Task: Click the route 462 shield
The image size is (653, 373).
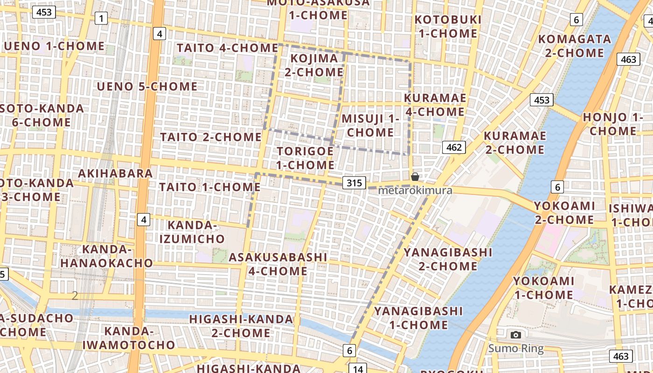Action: (453, 148)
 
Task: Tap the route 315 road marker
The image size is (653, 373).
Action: (354, 183)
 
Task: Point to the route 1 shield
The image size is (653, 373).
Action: (101, 19)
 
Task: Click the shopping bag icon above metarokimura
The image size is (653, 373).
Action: (415, 177)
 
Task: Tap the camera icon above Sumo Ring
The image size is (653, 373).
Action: (515, 335)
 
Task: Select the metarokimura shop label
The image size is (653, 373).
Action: (415, 191)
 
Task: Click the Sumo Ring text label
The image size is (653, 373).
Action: (516, 348)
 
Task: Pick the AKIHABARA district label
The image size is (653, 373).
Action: (115, 173)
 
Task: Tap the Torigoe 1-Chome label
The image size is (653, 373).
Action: (306, 158)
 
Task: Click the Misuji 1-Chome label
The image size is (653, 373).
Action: (370, 125)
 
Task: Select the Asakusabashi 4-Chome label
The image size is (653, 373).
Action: (278, 264)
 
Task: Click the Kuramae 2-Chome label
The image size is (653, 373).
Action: (514, 143)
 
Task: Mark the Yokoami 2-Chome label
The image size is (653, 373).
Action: (564, 212)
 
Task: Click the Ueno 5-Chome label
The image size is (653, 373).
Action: (147, 87)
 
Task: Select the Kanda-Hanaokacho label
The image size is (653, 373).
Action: (106, 256)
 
